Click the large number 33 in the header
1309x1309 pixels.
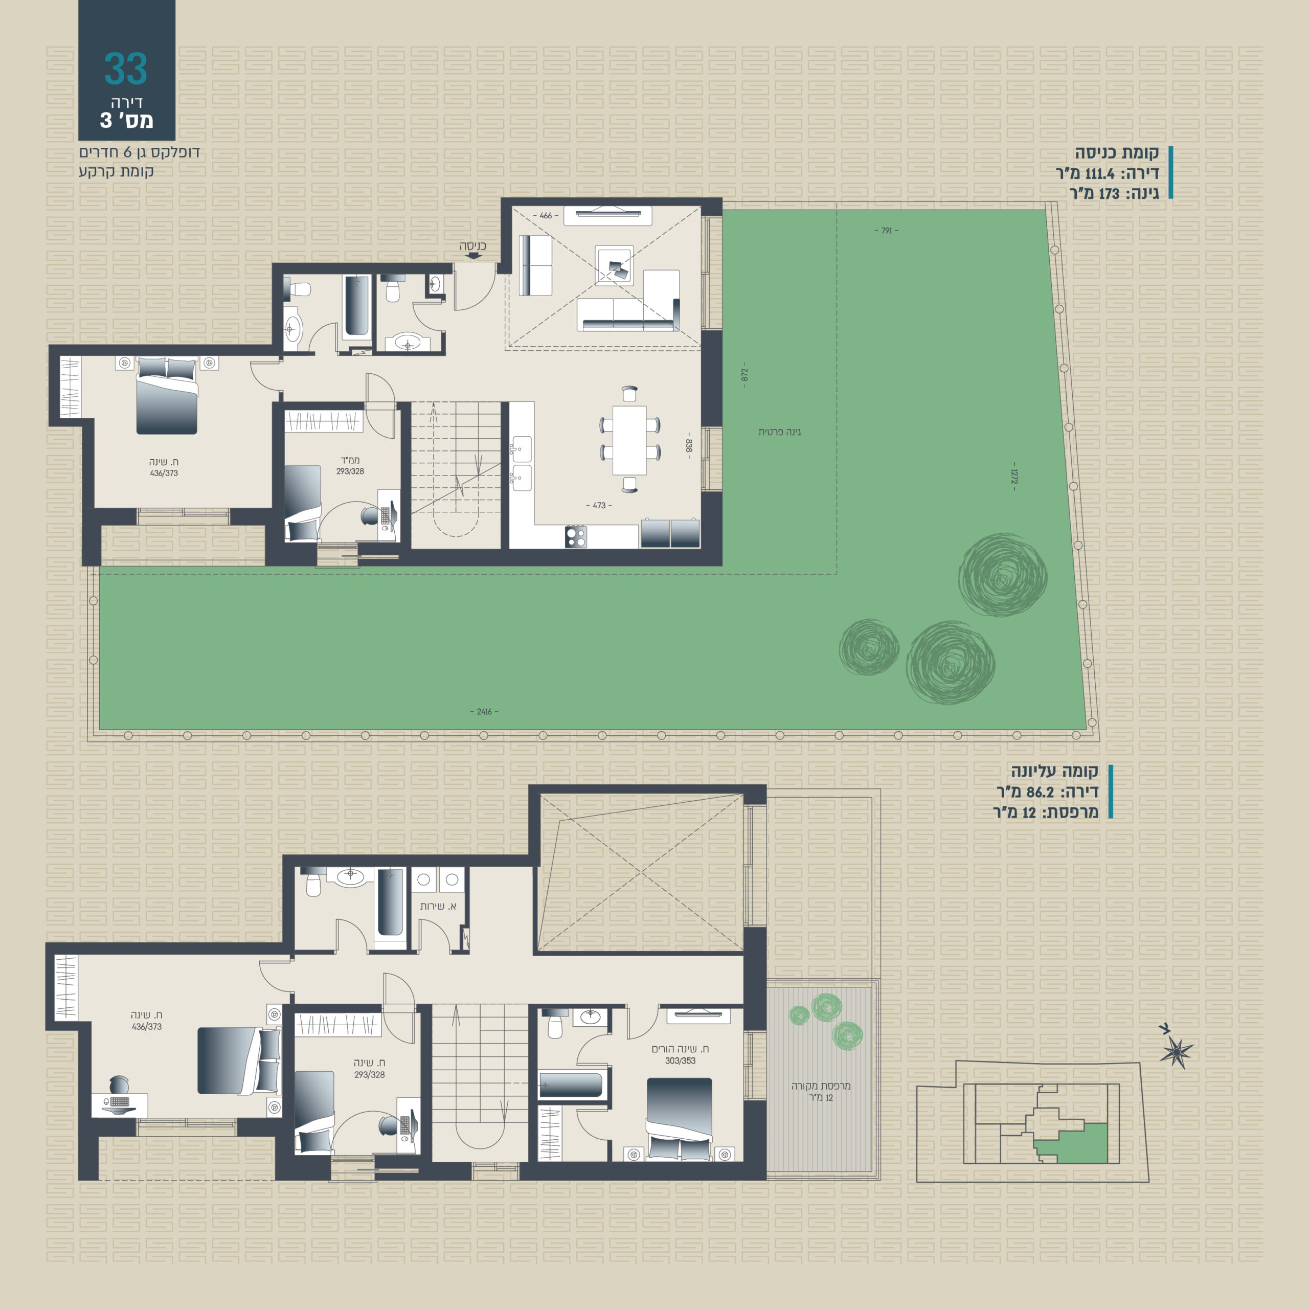[125, 69]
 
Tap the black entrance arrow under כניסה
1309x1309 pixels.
[473, 256]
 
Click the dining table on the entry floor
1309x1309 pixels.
[629, 440]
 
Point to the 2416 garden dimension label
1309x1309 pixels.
[484, 711]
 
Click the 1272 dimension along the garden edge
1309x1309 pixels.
[1013, 477]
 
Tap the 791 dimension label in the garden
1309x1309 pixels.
[886, 231]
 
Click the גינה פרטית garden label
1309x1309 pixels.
[779, 432]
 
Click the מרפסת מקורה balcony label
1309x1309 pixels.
[821, 1086]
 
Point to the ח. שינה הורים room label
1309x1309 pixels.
[680, 1049]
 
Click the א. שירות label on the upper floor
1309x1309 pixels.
[438, 906]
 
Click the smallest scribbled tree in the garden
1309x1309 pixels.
[869, 647]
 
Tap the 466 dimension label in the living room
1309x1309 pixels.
[546, 215]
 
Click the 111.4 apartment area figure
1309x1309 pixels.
[1099, 173]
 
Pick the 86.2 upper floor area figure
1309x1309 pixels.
[1040, 792]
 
